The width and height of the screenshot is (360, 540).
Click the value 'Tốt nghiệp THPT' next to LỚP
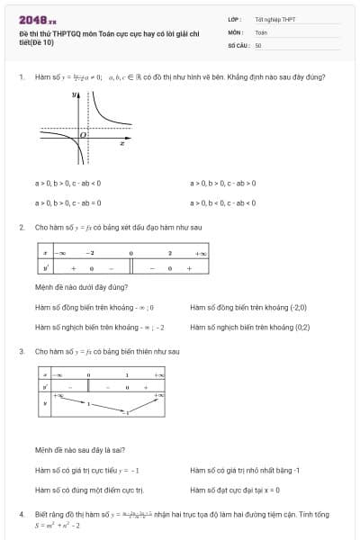tap(274, 19)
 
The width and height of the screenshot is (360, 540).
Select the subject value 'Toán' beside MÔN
tap(262, 31)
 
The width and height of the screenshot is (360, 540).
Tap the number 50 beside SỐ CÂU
tap(258, 44)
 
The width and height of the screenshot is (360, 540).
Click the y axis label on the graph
tap(76, 94)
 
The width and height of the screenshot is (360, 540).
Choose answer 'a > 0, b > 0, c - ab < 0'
tap(67, 183)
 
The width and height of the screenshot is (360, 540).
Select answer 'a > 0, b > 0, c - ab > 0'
tap(223, 183)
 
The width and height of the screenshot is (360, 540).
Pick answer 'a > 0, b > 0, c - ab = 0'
tap(67, 202)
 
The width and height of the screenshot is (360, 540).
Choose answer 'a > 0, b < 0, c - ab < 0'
tap(223, 202)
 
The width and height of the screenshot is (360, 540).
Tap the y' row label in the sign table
tap(45, 267)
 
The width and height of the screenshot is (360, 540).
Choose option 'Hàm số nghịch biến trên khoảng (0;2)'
tap(250, 327)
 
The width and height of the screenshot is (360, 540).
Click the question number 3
tap(22, 350)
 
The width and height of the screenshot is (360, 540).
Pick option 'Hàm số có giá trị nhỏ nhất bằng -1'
tap(245, 470)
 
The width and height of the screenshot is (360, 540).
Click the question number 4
tap(22, 514)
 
